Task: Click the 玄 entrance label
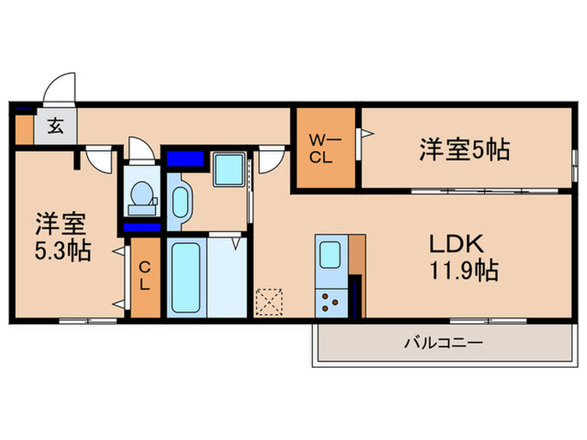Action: (x=55, y=127)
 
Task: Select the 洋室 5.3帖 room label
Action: (x=61, y=237)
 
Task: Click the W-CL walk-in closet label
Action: (x=323, y=148)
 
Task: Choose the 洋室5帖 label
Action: (x=465, y=150)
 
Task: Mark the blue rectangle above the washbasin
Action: (x=185, y=158)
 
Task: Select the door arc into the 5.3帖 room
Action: (x=99, y=159)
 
